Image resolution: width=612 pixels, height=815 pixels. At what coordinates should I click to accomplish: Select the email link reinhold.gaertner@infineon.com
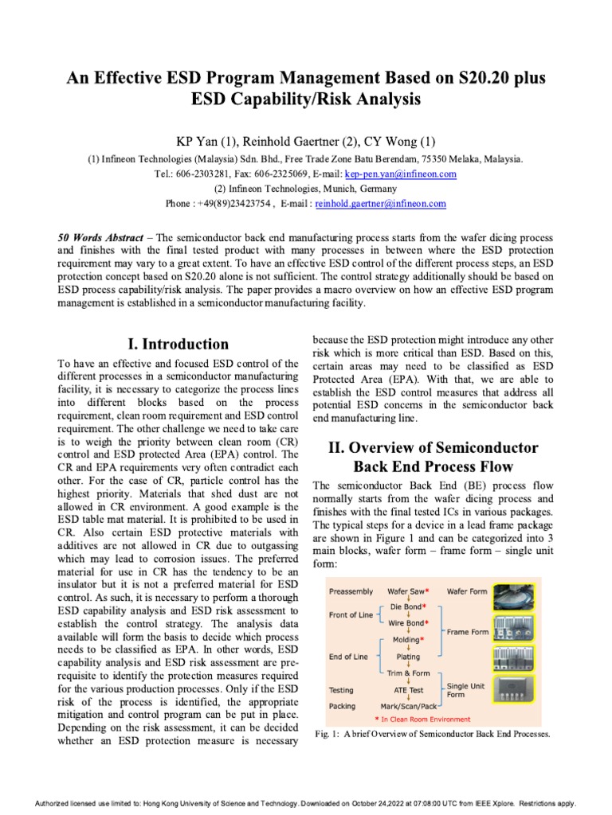coord(381,204)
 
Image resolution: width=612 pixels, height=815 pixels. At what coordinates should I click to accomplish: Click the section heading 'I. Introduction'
coord(178,344)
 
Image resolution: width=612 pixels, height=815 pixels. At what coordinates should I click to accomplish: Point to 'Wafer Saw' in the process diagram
coord(406,591)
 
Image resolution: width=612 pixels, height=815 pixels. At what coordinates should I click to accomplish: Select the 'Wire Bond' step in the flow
coord(406,622)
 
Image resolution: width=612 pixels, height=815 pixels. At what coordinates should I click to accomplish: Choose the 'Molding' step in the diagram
coord(407,639)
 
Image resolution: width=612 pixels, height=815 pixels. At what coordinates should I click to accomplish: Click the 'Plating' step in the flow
coord(407,657)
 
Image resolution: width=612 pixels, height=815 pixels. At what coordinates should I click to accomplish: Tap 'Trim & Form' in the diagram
coord(407,673)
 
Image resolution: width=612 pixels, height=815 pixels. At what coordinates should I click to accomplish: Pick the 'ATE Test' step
coord(407,690)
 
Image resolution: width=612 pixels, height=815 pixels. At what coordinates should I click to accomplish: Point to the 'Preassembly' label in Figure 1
coord(352,591)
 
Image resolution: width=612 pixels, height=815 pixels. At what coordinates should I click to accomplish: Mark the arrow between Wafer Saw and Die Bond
coord(407,599)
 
